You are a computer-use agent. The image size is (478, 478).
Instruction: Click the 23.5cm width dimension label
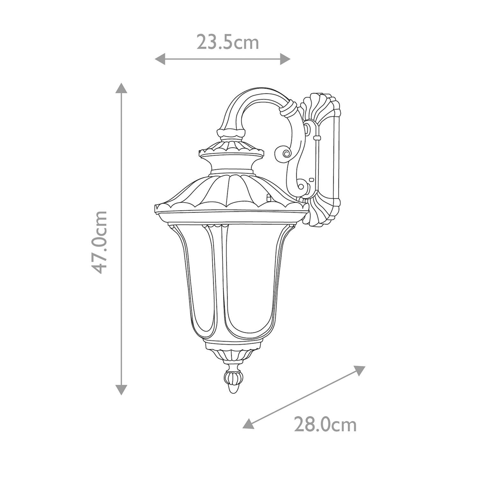pos(228,43)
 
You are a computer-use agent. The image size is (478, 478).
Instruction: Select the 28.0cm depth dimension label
pos(325,424)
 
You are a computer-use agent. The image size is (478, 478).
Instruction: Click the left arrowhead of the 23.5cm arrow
pos(160,59)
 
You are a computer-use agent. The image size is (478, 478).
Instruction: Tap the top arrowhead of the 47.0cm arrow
pos(121,88)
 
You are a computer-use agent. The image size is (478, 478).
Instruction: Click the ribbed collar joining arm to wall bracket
pos(289,110)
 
